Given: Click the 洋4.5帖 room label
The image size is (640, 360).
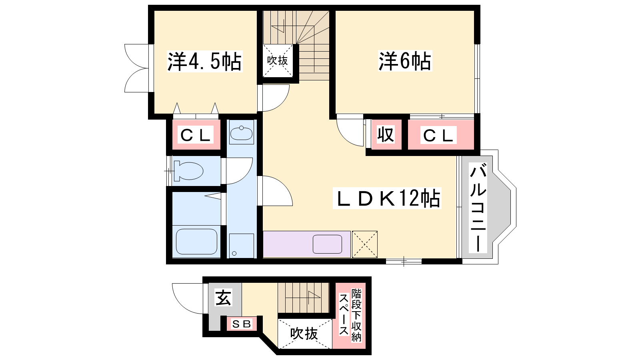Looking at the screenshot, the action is pos(204,61).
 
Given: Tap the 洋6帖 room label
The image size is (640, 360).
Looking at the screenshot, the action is pos(405,61).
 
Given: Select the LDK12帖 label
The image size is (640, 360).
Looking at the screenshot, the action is pos(387,198).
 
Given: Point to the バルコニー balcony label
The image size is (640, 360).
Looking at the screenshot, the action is pos(478,208).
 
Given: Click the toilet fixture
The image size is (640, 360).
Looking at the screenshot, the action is pos(188,171).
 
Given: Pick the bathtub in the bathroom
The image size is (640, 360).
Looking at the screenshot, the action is pos(196,242).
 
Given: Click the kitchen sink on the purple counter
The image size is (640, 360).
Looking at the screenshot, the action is pos(328,244).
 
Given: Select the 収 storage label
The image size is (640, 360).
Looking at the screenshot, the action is pos(386,134).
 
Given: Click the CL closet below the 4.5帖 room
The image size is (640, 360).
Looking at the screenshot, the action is pos(196,135).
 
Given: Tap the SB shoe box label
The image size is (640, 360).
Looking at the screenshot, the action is pos(242,324).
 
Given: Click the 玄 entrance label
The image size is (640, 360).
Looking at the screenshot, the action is pos(223,297).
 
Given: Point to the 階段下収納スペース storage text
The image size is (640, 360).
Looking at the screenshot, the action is pos(350,315).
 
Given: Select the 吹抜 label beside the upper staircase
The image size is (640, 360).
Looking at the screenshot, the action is pos(278,60).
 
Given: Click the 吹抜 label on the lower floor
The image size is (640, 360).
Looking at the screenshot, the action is pos(304,333).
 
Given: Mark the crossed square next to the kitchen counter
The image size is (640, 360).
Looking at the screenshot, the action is pos(364,244).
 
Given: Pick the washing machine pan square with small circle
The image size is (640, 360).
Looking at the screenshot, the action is pos(242,246).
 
